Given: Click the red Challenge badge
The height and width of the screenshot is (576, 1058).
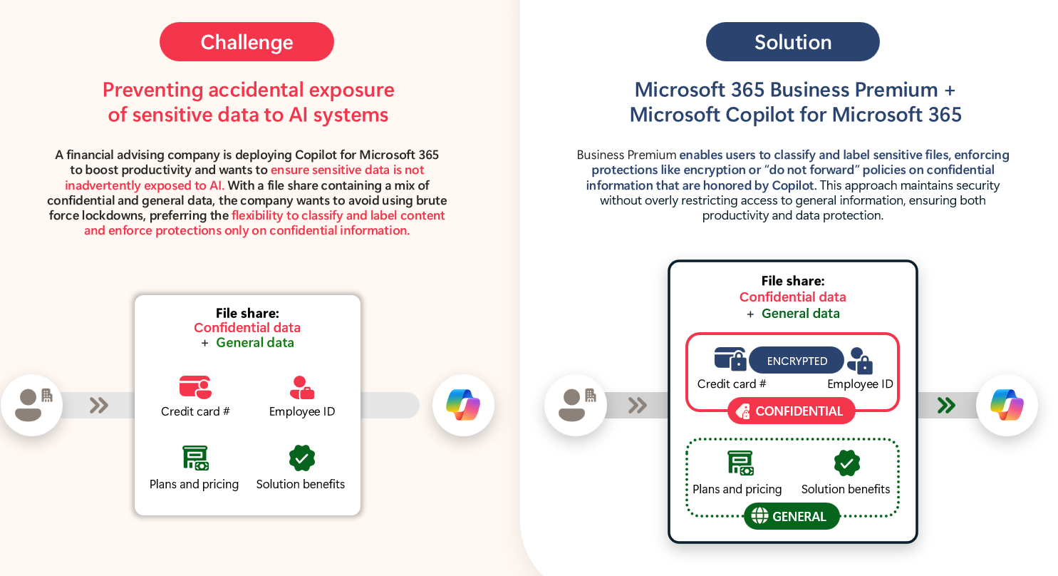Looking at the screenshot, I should (247, 42).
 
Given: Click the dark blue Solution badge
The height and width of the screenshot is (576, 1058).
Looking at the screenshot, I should (792, 42).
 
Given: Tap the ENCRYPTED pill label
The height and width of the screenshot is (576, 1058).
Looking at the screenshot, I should (797, 361).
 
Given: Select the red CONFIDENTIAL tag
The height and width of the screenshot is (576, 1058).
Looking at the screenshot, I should (791, 411).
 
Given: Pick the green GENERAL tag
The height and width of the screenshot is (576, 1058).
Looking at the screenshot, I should (792, 517).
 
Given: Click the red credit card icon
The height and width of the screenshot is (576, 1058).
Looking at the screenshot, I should (195, 387).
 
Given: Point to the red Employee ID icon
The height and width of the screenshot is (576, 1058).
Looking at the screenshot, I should (302, 387).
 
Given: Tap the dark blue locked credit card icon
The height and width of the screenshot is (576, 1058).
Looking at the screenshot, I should (730, 359).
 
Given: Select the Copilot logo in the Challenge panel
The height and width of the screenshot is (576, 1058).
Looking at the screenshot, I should (463, 405).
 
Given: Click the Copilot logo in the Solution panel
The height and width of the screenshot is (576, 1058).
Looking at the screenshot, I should (1007, 405).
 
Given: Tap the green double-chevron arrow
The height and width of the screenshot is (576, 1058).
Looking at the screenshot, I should (946, 406).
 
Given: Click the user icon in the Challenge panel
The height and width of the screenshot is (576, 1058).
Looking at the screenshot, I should (31, 405).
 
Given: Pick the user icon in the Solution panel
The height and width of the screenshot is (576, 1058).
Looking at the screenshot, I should (575, 405).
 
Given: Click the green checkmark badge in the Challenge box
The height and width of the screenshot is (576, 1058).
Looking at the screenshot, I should (302, 458).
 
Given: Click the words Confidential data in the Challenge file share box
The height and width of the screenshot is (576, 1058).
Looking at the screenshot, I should (247, 328).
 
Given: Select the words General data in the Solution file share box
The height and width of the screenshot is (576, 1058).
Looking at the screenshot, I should (800, 314).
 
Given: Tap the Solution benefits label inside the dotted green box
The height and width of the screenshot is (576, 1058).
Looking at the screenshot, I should (846, 489).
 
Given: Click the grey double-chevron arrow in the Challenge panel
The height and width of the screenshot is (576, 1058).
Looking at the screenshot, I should (99, 406).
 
